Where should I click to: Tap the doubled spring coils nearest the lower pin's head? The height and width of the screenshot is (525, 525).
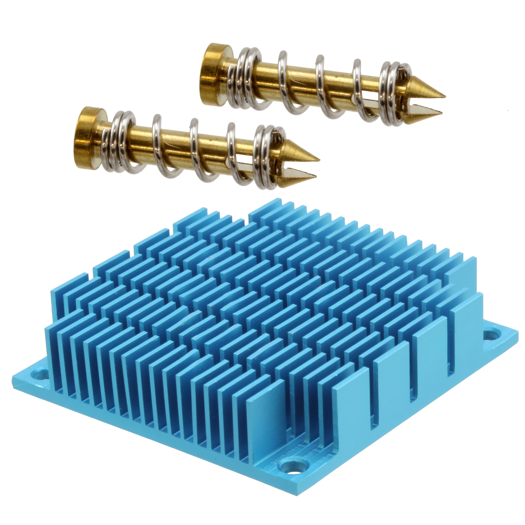click(122, 141)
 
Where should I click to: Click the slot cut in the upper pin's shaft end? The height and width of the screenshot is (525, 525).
click(380, 105)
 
